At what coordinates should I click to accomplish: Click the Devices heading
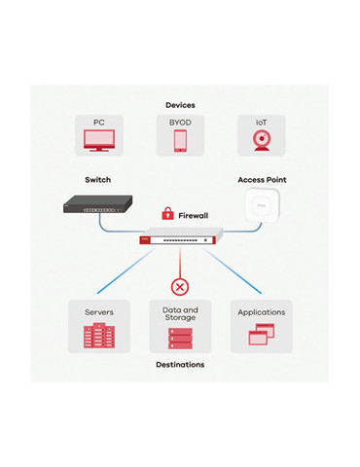180,105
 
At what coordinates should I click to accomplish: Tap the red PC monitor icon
99,140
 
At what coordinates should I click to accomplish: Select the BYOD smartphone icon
180,140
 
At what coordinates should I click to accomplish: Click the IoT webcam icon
262,140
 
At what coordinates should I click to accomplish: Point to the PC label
99,123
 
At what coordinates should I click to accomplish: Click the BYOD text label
180,123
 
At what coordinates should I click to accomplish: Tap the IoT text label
262,123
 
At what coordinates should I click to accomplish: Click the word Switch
98,180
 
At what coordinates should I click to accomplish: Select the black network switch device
98,206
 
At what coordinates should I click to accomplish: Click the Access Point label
262,180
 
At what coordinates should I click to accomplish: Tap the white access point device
262,205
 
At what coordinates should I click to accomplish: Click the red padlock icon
167,214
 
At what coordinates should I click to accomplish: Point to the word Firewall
194,215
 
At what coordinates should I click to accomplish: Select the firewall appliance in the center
180,238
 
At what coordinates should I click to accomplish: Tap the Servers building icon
99,337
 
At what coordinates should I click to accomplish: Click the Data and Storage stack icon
180,338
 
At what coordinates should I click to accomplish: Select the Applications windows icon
262,336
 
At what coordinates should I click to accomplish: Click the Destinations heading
180,365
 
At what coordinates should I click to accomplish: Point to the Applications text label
262,312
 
